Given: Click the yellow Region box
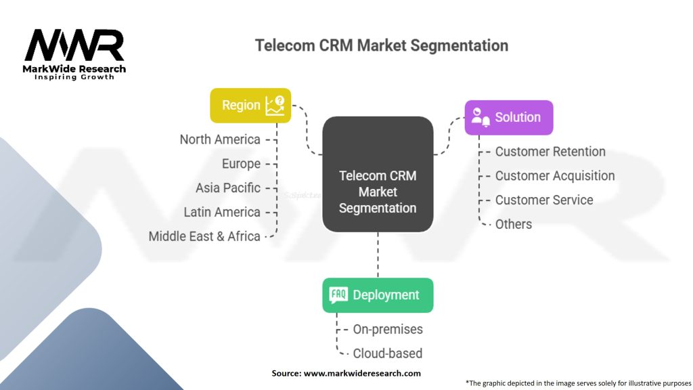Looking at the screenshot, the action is (250, 105).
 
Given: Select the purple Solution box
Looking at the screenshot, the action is (509, 118).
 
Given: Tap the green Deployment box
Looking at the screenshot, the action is (378, 295).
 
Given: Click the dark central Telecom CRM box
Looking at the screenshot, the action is (378, 174).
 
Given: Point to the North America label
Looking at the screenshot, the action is (220, 139).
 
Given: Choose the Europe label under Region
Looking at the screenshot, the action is (242, 164).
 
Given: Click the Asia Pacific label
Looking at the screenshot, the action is (228, 188).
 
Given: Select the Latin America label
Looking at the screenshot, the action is (222, 212).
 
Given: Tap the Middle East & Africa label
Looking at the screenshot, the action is (204, 236).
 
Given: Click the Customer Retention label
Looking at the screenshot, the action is (550, 152).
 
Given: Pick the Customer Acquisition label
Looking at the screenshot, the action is (555, 176).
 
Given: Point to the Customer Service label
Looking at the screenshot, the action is (544, 200).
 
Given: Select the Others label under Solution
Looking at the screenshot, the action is (514, 224).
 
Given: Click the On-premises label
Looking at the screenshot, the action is (388, 330).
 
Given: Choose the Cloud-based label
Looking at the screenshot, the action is (388, 353).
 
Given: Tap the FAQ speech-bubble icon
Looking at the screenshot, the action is (338, 295).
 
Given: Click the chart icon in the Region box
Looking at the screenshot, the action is (275, 106).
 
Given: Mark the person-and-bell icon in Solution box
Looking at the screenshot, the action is (480, 117).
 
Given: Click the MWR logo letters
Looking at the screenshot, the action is (74, 45).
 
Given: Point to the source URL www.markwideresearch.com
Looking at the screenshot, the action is (362, 373).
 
